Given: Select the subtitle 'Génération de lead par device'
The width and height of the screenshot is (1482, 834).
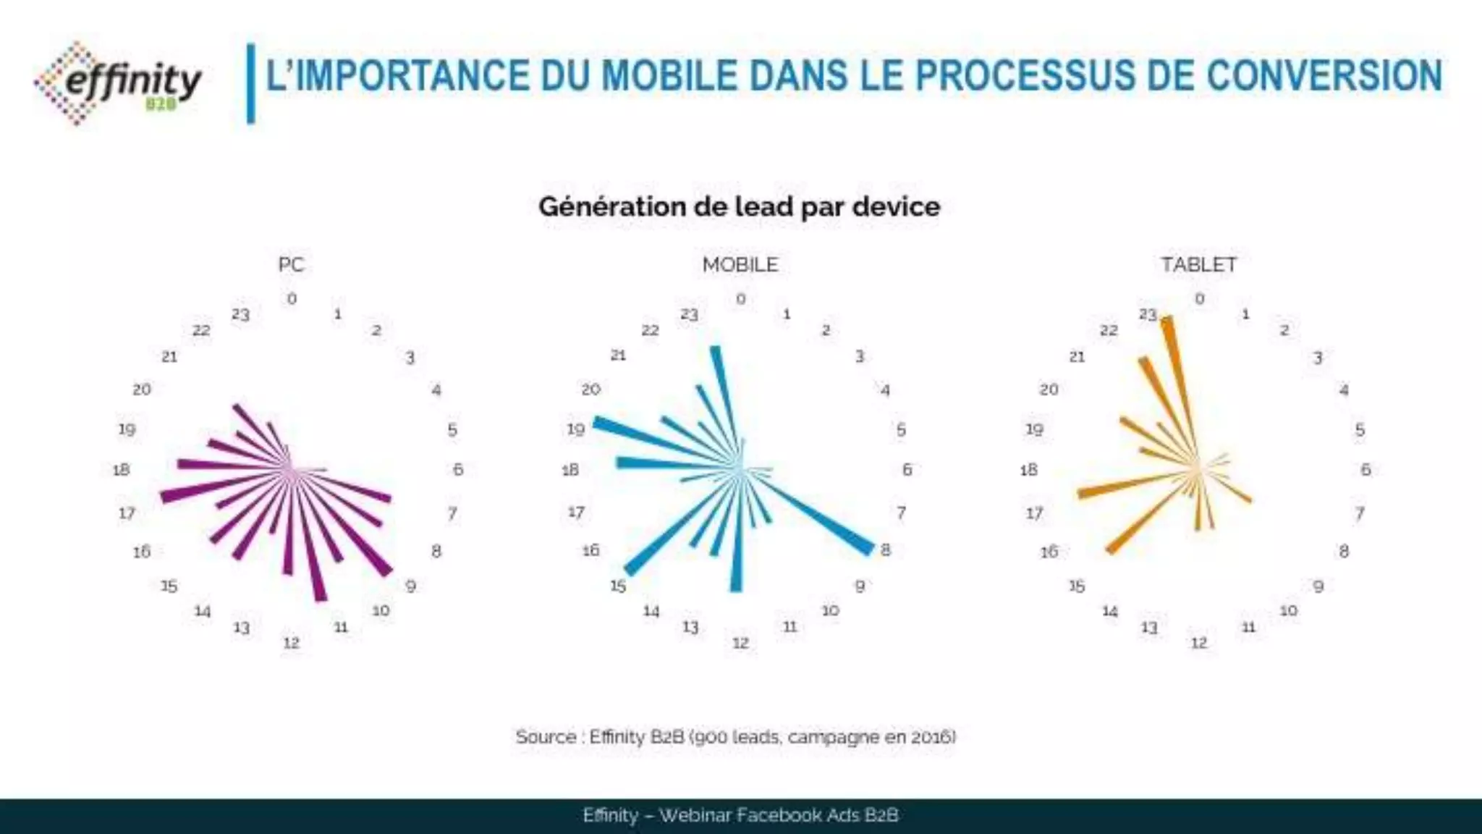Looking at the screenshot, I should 739,207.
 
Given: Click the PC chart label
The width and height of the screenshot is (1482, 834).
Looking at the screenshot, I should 291,265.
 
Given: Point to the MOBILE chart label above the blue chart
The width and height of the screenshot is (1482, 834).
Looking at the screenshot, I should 740,265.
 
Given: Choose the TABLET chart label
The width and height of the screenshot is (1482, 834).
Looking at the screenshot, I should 1198,265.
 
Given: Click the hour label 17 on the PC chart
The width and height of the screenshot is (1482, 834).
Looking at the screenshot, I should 127,513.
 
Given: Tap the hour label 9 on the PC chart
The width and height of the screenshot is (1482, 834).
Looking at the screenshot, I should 410,586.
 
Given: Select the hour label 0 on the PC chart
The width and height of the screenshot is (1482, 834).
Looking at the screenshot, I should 292,299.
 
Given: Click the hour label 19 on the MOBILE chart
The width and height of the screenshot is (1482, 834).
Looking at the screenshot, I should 575,429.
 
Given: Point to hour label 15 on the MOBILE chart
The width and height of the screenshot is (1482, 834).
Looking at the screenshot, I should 617,586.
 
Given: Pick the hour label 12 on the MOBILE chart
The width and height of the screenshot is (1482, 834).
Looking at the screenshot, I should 740,643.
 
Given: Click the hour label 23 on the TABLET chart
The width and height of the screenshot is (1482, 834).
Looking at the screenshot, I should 1148,315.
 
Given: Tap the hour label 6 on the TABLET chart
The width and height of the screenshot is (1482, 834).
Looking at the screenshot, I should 1365,470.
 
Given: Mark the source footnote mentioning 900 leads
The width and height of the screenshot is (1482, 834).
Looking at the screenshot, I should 735,737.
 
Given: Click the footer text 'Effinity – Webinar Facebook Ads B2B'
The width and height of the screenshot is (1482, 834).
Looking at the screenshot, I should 740,815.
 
